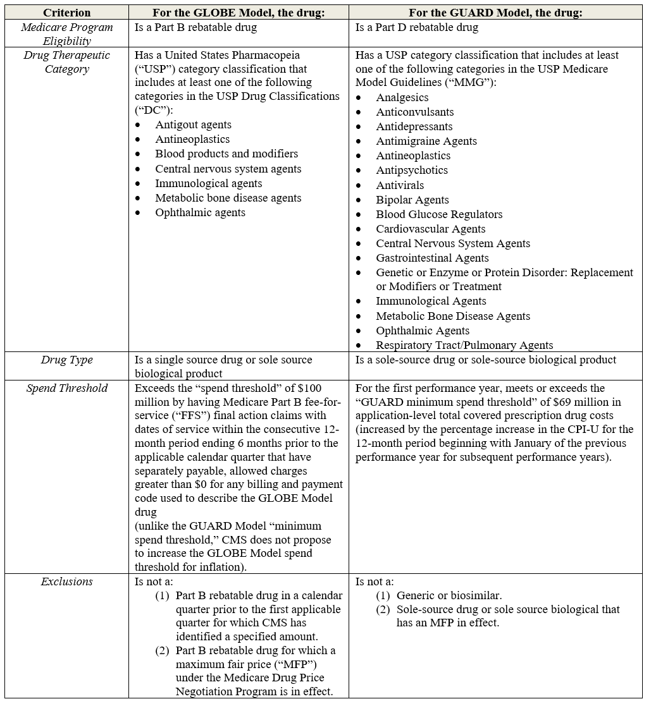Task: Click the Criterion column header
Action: coord(66,13)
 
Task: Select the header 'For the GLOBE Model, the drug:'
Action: coord(239,13)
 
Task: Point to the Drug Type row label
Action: coord(66,360)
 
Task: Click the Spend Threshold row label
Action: coord(66,388)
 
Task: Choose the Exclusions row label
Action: coord(66,581)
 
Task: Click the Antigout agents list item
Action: coord(193,125)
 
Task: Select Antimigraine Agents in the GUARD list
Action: coord(426,141)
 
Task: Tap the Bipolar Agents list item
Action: coord(412,200)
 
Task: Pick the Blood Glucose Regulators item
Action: coord(438,214)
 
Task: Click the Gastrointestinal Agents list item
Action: coord(431,258)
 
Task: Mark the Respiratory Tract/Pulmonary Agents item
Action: coord(464,345)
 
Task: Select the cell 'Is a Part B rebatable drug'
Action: coord(195,27)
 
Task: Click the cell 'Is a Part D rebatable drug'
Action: coord(416,27)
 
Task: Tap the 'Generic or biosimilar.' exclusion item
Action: coord(449,595)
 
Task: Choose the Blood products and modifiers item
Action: coord(226,154)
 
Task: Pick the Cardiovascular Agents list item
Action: coord(430,229)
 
